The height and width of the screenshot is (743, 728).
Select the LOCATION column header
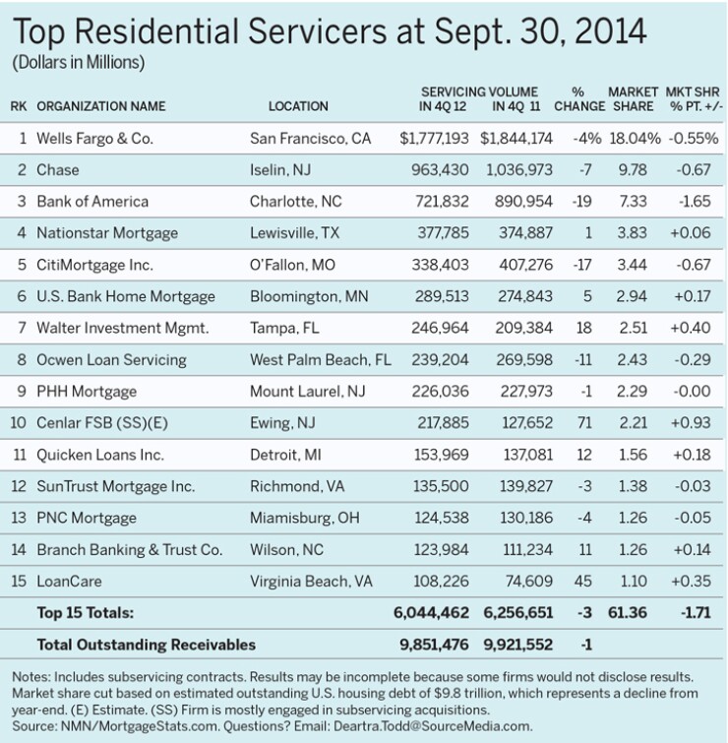298,106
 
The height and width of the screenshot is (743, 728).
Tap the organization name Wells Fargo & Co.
95,139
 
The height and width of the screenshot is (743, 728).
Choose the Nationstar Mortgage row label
107,233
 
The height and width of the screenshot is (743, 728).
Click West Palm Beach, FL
321,359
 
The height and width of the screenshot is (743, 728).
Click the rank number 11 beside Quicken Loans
19,455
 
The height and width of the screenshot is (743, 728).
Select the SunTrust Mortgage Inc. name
116,486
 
